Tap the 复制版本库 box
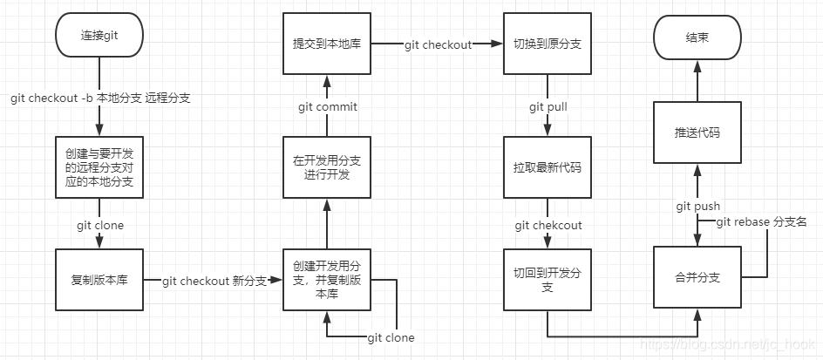(x=99, y=280)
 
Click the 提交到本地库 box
(x=327, y=44)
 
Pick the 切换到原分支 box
(x=547, y=44)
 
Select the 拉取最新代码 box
(x=547, y=166)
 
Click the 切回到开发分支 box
(x=547, y=280)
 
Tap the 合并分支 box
(x=697, y=278)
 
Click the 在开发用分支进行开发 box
(x=327, y=166)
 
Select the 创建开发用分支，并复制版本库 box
(x=327, y=280)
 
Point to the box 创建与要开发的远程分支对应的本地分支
(x=99, y=166)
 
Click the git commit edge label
(x=327, y=106)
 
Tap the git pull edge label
(x=547, y=106)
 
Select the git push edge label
(x=697, y=207)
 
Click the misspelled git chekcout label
(x=548, y=226)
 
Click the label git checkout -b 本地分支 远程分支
(x=100, y=98)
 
